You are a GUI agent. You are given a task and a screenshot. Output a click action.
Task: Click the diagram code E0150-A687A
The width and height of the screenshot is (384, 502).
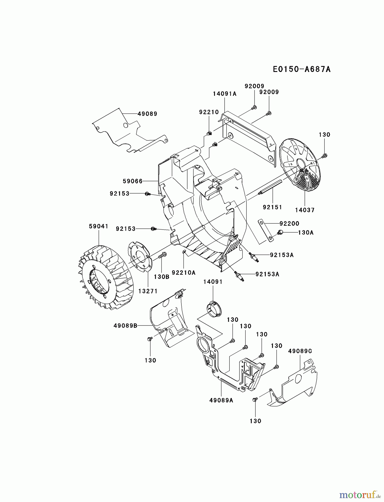click(302, 69)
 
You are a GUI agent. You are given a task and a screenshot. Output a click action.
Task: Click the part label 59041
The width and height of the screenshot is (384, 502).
click(99, 226)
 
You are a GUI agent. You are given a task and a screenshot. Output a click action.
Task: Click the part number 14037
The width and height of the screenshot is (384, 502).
click(305, 210)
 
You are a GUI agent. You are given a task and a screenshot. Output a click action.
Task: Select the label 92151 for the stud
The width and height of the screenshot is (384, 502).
click(272, 207)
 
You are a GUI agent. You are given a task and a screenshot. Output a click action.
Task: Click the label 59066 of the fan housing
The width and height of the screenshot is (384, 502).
click(133, 181)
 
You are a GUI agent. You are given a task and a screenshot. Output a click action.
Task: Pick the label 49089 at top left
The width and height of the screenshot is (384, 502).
click(147, 114)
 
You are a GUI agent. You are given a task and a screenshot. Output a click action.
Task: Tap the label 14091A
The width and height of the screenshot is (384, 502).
click(225, 94)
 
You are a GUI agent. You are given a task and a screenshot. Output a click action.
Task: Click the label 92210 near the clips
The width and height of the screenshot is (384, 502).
click(209, 112)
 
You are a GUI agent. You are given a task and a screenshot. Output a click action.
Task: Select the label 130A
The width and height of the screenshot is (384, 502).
click(306, 232)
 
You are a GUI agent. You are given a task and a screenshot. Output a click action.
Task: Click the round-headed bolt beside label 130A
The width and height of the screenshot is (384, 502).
click(280, 232)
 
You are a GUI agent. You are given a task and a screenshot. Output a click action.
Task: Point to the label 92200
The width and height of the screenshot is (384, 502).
click(289, 223)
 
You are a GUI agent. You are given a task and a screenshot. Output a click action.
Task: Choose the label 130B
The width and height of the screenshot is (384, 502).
click(162, 277)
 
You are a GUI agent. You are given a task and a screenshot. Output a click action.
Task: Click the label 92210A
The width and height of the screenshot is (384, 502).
click(184, 272)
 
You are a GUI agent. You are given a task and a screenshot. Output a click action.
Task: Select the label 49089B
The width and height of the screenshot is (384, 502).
click(125, 325)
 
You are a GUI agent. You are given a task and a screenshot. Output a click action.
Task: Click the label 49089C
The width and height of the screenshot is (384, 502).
click(300, 351)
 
